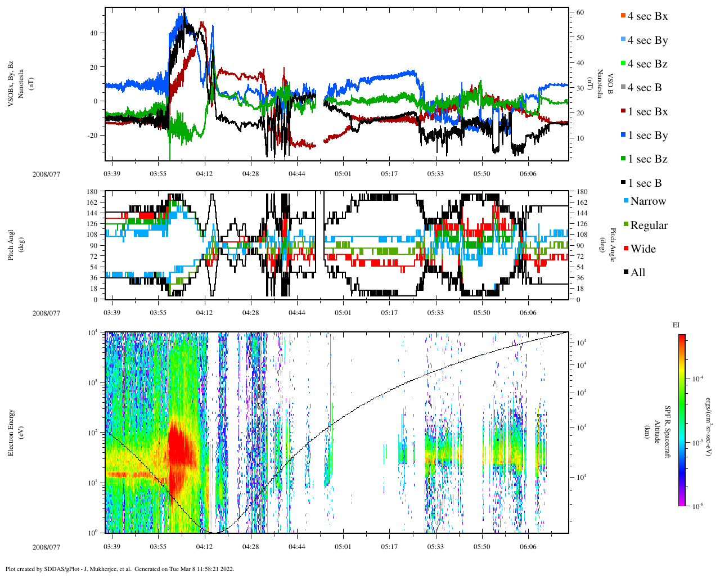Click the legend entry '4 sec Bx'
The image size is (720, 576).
pyautogui.click(x=647, y=16)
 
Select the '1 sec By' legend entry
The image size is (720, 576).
pyautogui.click(x=647, y=136)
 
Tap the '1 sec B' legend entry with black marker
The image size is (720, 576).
pyautogui.click(x=645, y=183)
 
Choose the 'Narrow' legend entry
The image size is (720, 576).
pyautogui.click(x=647, y=201)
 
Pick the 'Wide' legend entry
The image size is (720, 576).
pyautogui.click(x=642, y=249)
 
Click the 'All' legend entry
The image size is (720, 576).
pyautogui.click(x=637, y=273)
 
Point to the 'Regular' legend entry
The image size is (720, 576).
pyautogui.click(x=649, y=226)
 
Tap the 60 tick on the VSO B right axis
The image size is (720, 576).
pyautogui.click(x=579, y=12)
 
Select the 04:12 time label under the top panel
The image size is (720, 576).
pyautogui.click(x=204, y=174)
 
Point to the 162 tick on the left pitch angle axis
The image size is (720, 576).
pyautogui.click(x=92, y=202)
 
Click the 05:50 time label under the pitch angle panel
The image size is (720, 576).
pyautogui.click(x=481, y=313)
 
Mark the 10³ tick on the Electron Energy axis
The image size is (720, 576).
pyautogui.click(x=94, y=382)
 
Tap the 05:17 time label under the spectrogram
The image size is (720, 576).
pyautogui.click(x=389, y=547)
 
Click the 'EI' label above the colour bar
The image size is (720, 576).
pyautogui.click(x=676, y=325)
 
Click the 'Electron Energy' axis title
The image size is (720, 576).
pyautogui.click(x=11, y=432)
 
